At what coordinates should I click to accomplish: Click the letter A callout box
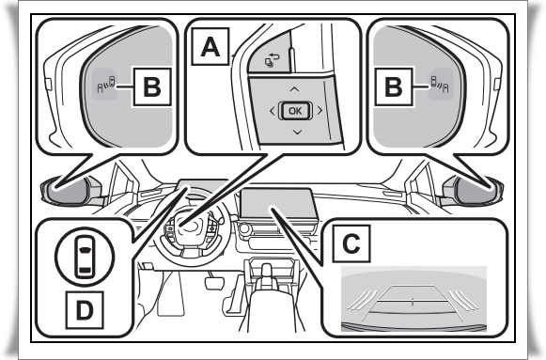[x=211, y=46]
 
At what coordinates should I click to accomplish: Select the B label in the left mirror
[x=152, y=86]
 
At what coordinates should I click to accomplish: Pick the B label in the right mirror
[x=394, y=86]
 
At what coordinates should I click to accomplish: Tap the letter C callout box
[x=351, y=243]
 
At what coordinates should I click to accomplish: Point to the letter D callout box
[x=85, y=310]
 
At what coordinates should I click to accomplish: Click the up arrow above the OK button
[x=294, y=89]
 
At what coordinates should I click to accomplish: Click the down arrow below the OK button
[x=297, y=132]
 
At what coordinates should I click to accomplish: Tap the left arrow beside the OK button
[x=273, y=111]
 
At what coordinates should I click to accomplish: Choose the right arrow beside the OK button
[x=320, y=110]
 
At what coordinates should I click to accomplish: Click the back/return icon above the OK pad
[x=272, y=60]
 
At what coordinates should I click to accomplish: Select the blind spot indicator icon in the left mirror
[x=106, y=85]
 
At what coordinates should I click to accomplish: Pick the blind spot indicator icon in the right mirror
[x=440, y=85]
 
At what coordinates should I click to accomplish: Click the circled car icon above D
[x=85, y=257]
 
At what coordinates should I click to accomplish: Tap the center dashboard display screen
[x=278, y=203]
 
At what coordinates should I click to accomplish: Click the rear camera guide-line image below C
[x=413, y=299]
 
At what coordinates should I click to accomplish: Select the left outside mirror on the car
[x=70, y=190]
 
